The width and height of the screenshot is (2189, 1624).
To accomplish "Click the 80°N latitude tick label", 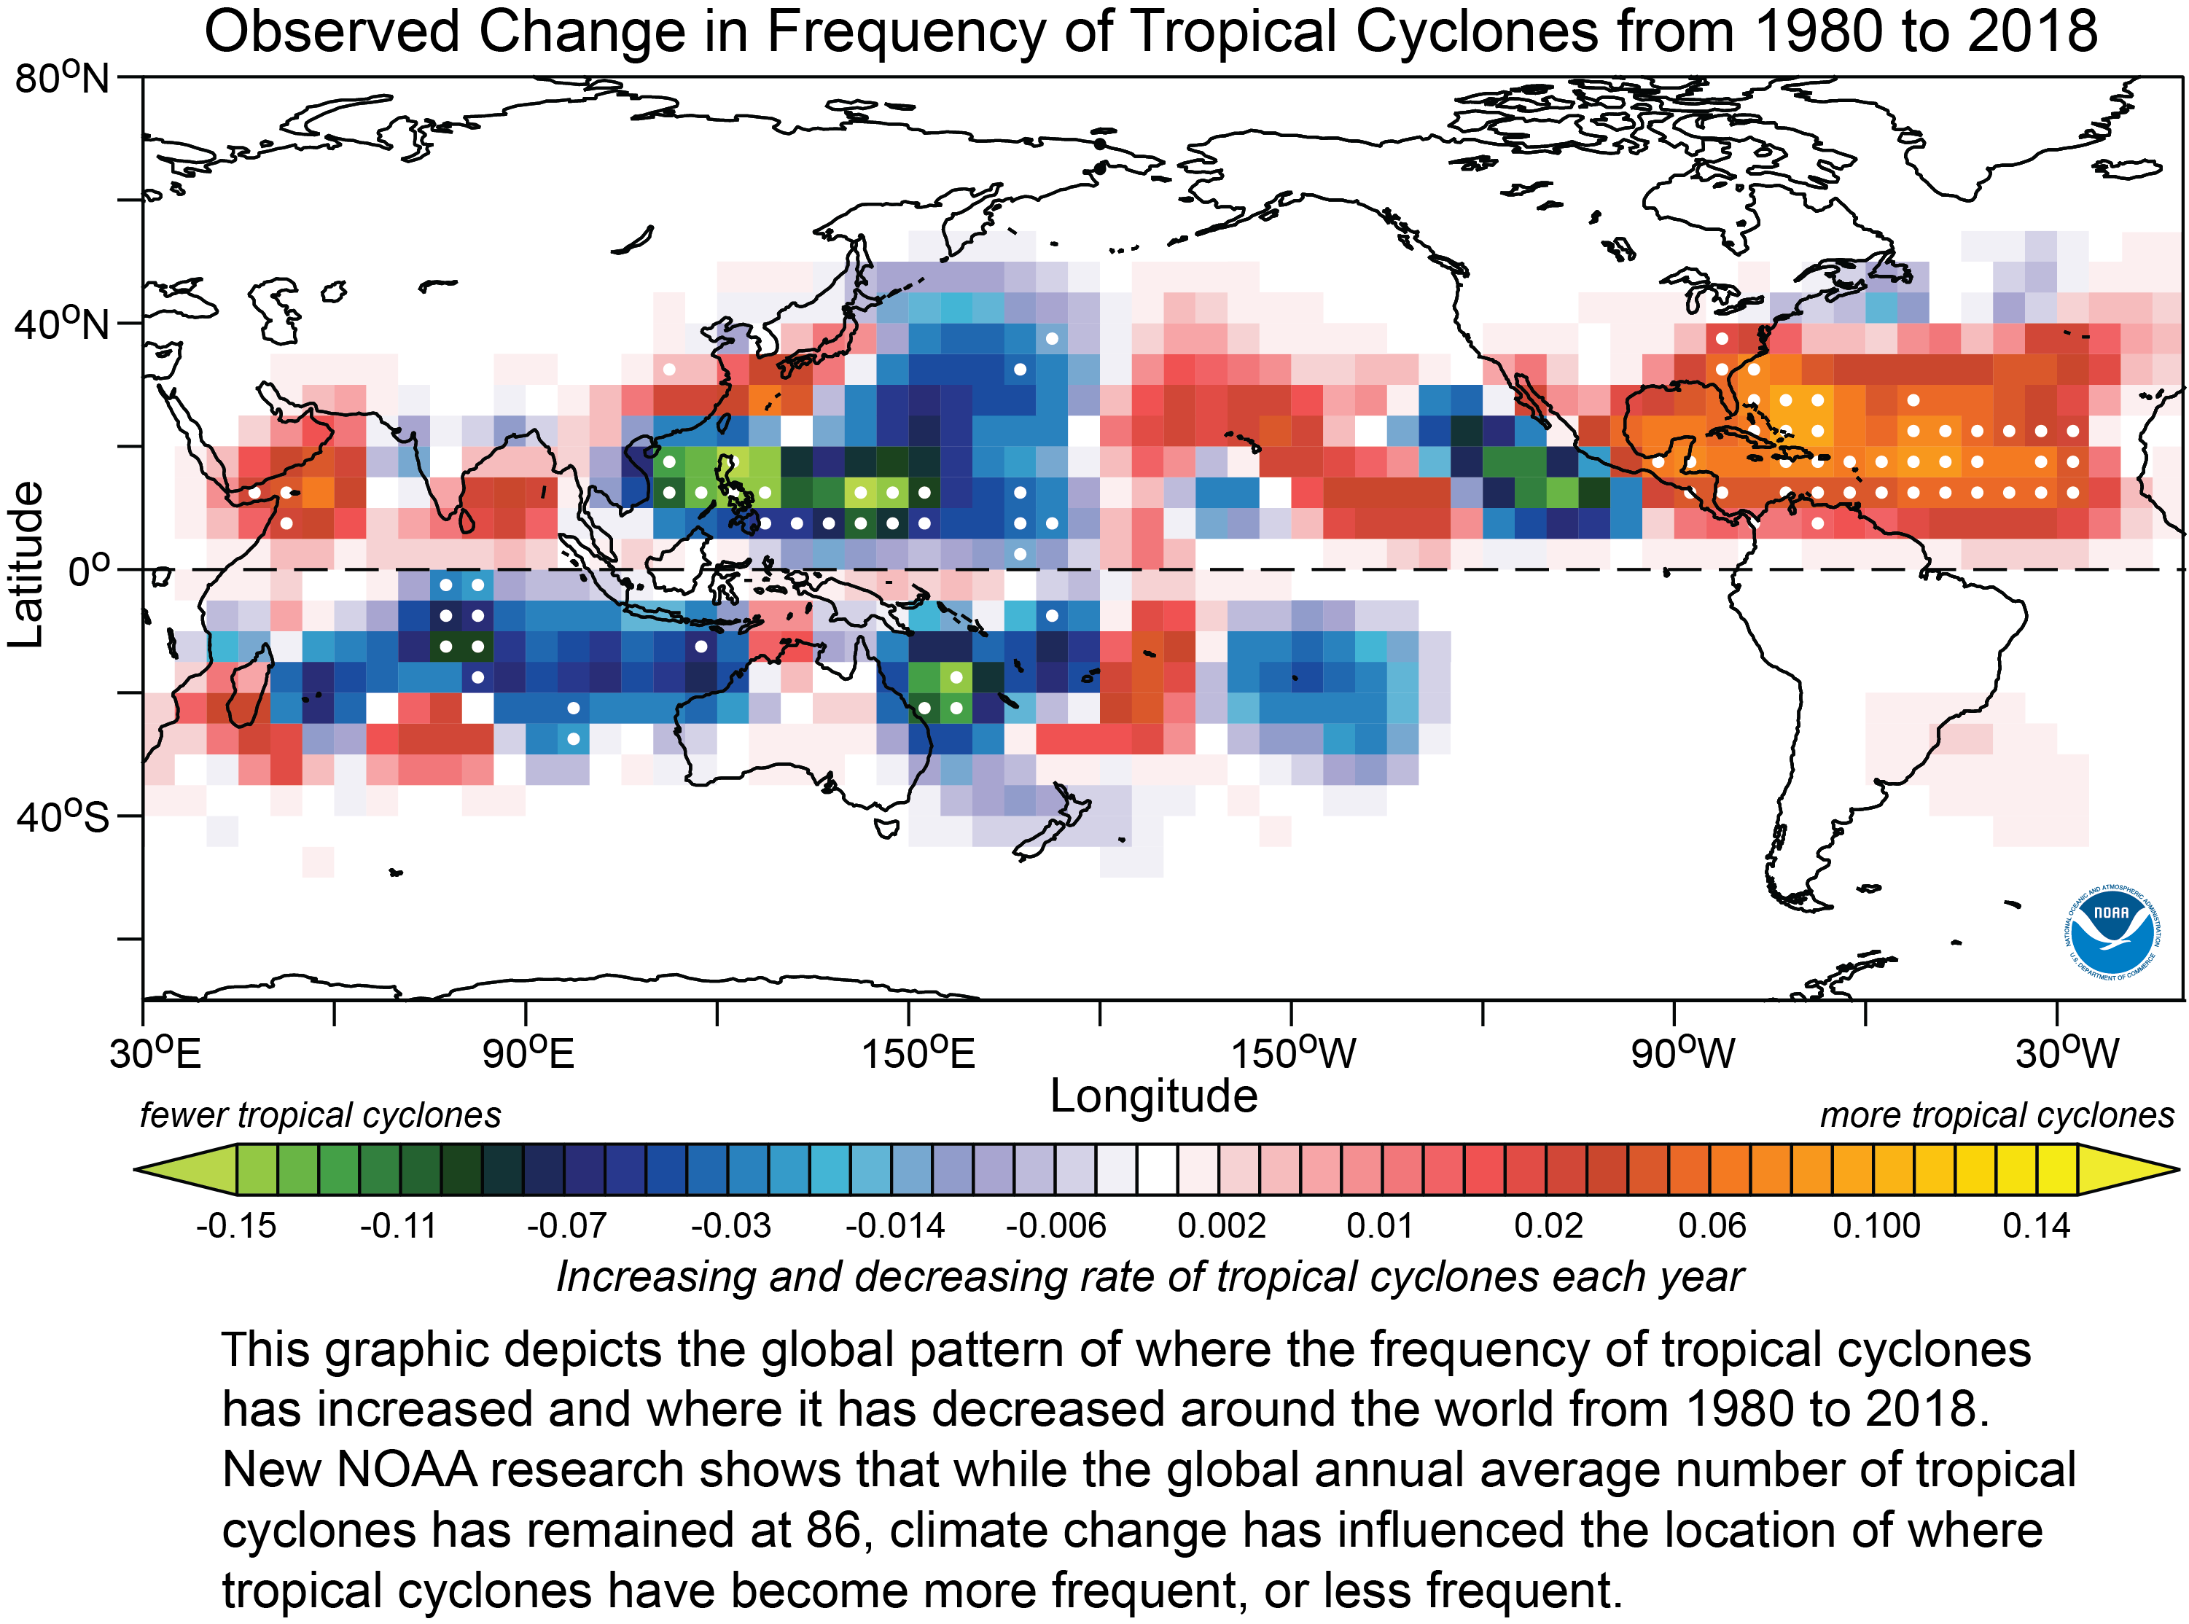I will pos(61,78).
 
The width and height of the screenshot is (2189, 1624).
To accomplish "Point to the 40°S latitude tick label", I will pos(61,816).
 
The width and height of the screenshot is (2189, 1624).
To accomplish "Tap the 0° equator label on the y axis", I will pos(88,570).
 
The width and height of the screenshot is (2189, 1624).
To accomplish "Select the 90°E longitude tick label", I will pos(527,1053).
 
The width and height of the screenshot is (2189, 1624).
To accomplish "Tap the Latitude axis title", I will pos(26,564).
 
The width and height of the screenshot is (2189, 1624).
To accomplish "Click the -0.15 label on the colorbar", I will pos(236,1226).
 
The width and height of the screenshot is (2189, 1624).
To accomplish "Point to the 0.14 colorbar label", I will pos(2036,1226).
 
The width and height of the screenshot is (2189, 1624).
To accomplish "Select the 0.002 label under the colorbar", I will pos(1221,1226).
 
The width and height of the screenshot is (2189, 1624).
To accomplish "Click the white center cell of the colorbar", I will pos(1157,1169).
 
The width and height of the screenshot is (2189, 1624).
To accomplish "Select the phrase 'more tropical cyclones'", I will pos(1997,1114).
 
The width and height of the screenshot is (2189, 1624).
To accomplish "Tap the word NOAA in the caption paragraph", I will pos(406,1469).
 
